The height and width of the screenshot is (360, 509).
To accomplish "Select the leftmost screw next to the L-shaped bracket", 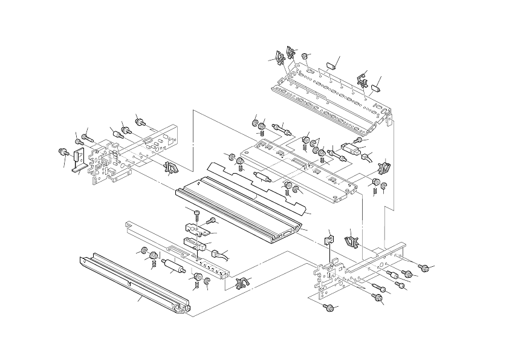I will tap(61, 151).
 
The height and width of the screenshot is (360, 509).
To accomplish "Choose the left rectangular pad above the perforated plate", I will tap(331, 65).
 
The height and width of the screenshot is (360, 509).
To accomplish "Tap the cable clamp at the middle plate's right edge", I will tap(383, 165).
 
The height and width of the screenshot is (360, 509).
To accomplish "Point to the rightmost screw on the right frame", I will tap(424, 267).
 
